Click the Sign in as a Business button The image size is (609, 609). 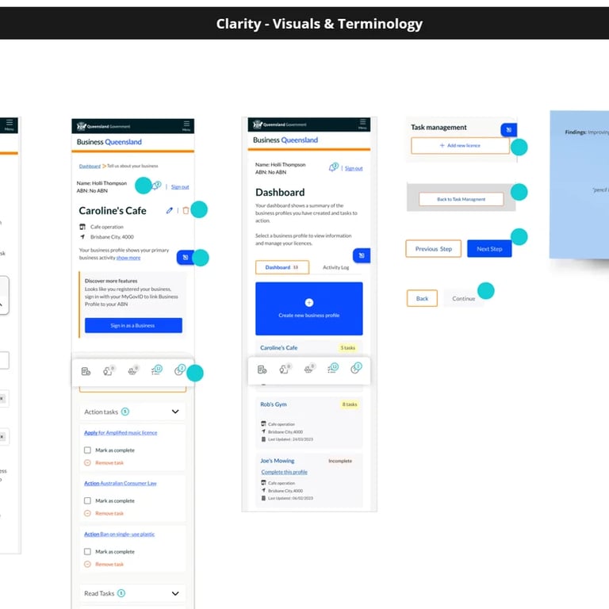coord(133,325)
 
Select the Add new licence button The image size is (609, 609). coord(460,146)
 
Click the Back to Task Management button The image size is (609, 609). coord(461,199)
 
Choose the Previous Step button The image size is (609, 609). coord(433,249)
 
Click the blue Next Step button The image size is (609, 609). coord(489,249)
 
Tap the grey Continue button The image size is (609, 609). coord(463,299)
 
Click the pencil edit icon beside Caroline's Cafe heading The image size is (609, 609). coord(169,210)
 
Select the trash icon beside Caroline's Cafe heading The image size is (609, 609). coord(186,210)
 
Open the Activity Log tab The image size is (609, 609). coord(335,267)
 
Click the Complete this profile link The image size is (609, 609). coord(285,472)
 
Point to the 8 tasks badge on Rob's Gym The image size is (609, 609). coord(350,404)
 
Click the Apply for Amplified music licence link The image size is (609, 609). coord(121,433)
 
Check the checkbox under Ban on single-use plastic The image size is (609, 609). coord(87,551)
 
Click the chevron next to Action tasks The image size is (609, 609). coord(175,412)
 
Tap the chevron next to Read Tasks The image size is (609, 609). coord(175,593)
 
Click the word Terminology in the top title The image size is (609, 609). coord(380,24)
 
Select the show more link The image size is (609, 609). coord(128,258)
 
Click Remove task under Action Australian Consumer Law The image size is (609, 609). coord(109,513)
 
